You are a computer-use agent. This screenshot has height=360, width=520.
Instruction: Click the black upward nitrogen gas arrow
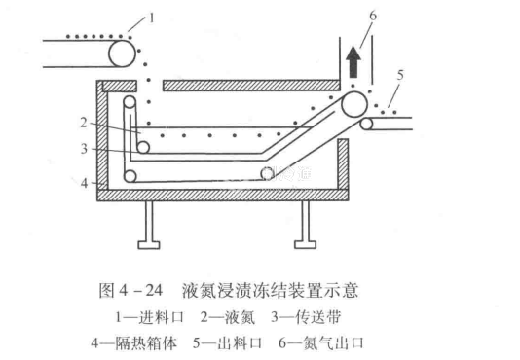tap(353, 62)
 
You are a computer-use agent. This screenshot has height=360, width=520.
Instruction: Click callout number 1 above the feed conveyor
tap(152, 18)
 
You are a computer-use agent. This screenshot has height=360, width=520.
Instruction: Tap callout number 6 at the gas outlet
tap(373, 16)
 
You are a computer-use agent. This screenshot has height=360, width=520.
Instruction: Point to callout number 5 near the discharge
tap(400, 76)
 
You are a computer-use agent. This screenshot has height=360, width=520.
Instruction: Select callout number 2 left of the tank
tap(84, 123)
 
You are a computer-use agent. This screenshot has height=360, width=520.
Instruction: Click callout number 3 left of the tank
tap(85, 149)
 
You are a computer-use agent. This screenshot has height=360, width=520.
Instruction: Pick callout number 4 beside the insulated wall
tap(85, 183)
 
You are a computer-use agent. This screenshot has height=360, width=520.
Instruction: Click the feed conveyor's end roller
tap(122, 54)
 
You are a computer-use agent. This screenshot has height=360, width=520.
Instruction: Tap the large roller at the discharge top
tap(354, 104)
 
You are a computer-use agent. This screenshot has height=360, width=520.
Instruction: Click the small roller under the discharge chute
tap(366, 124)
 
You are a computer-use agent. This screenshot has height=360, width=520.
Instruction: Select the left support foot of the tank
tap(149, 225)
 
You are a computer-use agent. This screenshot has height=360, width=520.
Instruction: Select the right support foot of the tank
tap(305, 225)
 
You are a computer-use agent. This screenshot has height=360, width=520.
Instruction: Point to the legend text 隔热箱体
tap(146, 343)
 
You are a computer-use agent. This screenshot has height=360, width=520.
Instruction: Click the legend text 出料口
tap(240, 343)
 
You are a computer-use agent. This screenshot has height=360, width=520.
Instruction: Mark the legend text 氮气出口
tap(334, 343)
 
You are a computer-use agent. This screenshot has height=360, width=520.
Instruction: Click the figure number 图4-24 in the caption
tap(130, 290)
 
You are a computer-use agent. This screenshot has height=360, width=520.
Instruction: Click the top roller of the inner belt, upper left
tap(130, 102)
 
